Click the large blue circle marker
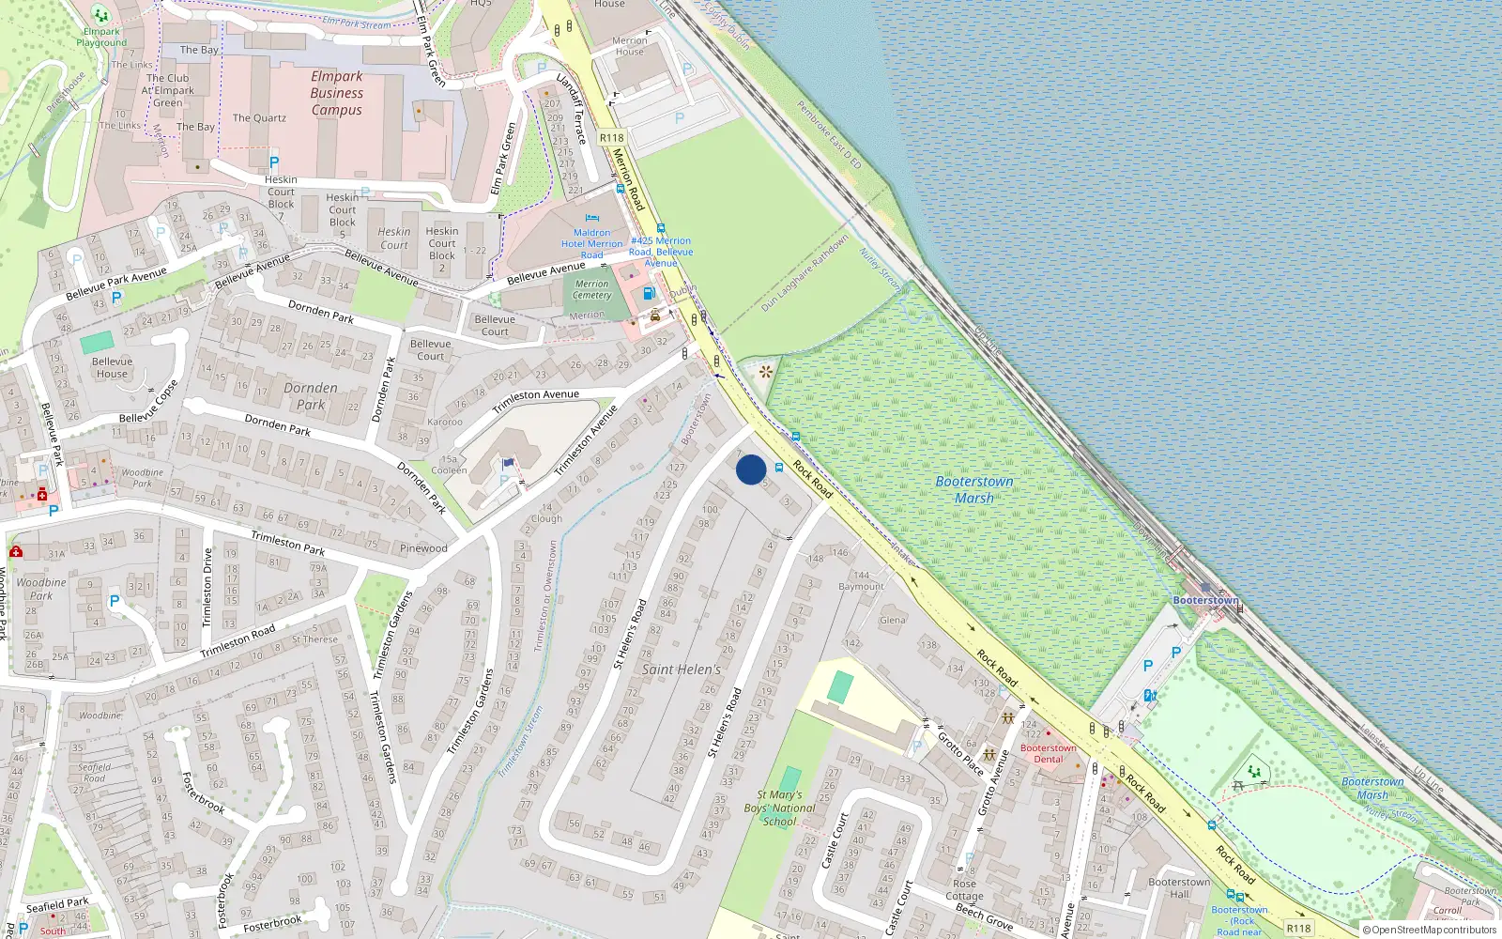(x=751, y=469)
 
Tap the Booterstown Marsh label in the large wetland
(x=974, y=489)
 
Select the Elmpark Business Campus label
(x=337, y=93)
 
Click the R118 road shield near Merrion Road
(x=612, y=138)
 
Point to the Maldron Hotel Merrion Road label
(x=591, y=243)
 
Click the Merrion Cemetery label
(x=591, y=289)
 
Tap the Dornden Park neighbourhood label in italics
(x=311, y=396)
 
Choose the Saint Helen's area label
(x=682, y=670)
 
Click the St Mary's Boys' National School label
(x=780, y=808)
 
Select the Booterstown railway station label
(x=1205, y=600)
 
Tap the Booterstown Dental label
(x=1049, y=753)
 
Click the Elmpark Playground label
(x=101, y=37)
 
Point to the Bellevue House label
(x=113, y=367)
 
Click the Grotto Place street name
(x=961, y=753)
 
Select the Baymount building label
(x=861, y=586)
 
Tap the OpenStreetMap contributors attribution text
(x=1430, y=930)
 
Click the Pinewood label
(x=423, y=547)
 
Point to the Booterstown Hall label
(x=1179, y=887)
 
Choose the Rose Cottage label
(x=965, y=889)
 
